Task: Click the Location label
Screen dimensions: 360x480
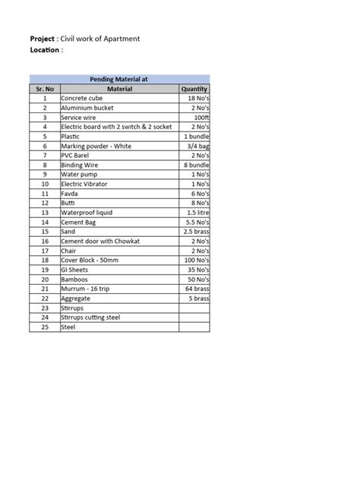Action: point(45,50)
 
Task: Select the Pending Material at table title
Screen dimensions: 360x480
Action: point(119,79)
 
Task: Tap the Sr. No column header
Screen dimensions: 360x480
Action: point(45,89)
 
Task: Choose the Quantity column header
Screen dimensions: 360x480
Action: point(194,89)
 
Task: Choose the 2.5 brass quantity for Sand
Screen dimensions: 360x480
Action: point(196,232)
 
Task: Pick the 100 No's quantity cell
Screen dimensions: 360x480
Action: point(195,260)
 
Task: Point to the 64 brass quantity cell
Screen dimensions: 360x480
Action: point(196,289)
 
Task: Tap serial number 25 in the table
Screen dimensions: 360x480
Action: point(45,327)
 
